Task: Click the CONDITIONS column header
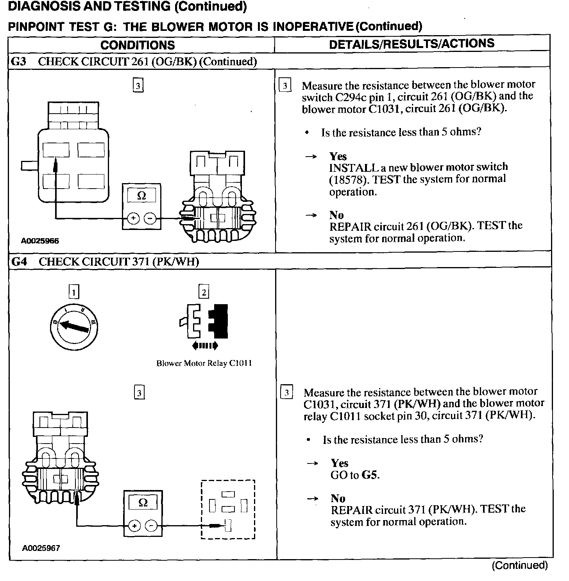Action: tap(138, 45)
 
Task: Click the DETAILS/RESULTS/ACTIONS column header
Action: tap(412, 44)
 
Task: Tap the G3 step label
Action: tap(19, 62)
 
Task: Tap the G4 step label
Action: tap(19, 262)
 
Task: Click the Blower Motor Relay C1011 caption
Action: tap(204, 364)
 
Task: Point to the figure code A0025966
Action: tap(40, 241)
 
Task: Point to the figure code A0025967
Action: tap(41, 548)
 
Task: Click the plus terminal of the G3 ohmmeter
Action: tap(134, 218)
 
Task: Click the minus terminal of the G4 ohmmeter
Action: tap(151, 526)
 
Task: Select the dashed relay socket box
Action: tap(228, 510)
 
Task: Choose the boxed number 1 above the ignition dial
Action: tap(73, 291)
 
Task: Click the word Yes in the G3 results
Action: tap(338, 157)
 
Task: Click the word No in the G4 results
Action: tap(338, 498)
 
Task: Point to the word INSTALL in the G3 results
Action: tap(354, 168)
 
